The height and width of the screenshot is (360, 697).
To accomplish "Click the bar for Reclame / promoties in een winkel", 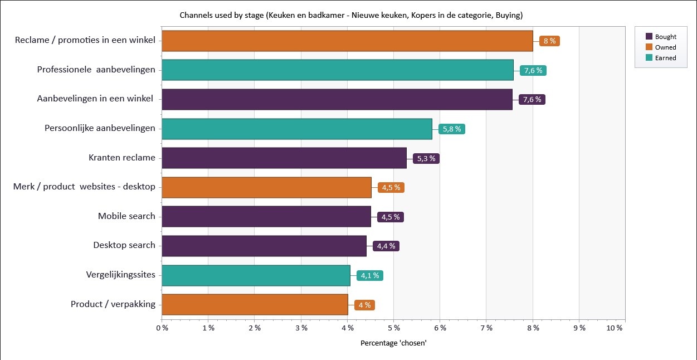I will tap(347, 41).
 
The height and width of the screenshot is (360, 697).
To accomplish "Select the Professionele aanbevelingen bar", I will tap(338, 70).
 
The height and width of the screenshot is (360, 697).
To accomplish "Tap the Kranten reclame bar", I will tap(284, 158).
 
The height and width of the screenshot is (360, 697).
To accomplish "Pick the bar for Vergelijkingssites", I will tap(256, 275).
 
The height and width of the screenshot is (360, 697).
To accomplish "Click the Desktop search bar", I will tap(264, 246).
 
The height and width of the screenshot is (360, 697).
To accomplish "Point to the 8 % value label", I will tap(549, 41).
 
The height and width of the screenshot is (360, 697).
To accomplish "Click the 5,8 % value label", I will tap(451, 129).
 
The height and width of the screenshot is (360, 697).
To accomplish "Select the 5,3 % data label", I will tap(426, 158).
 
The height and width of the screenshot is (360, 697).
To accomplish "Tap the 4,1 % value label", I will tap(370, 275).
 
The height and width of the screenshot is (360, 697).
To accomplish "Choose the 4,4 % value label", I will tap(386, 246).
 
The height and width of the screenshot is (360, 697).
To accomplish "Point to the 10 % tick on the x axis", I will tap(615, 328).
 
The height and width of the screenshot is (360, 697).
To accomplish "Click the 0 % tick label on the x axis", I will tap(162, 328).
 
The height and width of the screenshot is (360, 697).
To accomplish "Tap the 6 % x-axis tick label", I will tap(440, 328).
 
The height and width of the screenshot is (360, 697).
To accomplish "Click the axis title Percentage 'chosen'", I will tap(393, 343).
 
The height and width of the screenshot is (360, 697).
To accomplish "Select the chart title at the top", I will tap(351, 14).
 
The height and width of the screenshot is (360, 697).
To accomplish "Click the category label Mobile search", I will tap(126, 216).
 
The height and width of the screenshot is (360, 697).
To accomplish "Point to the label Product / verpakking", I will tap(113, 304).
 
